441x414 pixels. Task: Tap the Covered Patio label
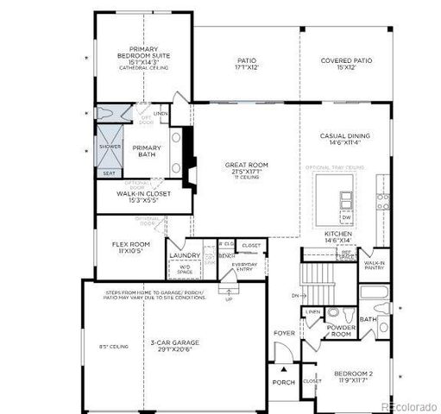point(346,64)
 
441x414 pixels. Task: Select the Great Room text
point(247,168)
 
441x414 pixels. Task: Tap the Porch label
point(283,382)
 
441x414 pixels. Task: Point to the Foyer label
point(284,332)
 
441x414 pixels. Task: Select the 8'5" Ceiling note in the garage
point(115,347)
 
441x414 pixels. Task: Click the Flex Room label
point(131,248)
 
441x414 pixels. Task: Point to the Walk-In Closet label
point(143,198)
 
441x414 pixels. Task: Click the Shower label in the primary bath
point(110,147)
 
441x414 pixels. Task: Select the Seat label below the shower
point(109,172)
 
